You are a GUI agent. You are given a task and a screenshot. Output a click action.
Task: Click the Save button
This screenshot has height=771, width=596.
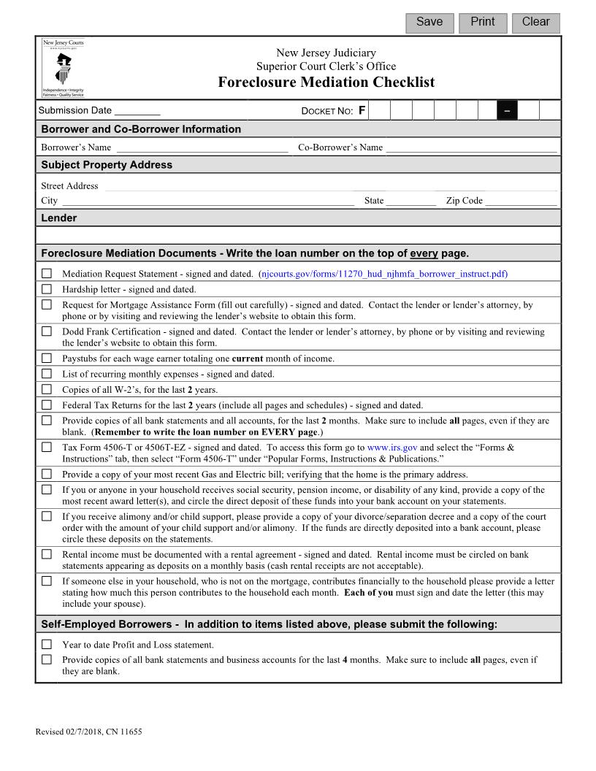(x=429, y=23)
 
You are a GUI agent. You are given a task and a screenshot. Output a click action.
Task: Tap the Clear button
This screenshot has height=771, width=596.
(x=535, y=23)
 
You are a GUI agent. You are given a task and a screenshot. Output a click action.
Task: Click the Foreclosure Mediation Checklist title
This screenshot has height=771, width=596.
(x=326, y=82)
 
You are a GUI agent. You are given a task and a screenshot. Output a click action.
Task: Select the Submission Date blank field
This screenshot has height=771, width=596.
(x=137, y=111)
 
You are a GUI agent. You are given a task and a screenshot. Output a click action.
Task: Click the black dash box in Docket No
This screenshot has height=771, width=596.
(x=507, y=111)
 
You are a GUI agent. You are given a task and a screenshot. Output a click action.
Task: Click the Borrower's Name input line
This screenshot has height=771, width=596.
(x=202, y=147)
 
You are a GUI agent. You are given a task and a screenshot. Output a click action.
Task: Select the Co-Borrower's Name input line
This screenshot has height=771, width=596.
(x=471, y=147)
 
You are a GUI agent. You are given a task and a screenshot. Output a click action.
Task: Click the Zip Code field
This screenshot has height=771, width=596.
(x=521, y=201)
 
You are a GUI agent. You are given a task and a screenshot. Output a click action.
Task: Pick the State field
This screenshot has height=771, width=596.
(x=411, y=201)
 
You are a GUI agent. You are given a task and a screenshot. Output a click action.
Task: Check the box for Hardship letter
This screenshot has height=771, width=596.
(x=47, y=289)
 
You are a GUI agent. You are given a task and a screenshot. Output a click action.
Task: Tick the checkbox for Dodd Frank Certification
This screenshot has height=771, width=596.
(x=47, y=331)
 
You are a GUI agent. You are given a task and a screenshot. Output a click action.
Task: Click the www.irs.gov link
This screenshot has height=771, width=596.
(x=392, y=448)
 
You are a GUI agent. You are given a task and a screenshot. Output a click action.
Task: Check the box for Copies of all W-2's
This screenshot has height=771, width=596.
(x=47, y=389)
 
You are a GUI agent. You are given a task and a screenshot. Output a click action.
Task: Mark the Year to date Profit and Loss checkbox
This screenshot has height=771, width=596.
(x=47, y=645)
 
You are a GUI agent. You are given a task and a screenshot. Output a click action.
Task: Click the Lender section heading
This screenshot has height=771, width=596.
(x=59, y=218)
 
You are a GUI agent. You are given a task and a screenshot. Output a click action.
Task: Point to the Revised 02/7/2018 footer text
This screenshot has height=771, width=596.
(x=88, y=732)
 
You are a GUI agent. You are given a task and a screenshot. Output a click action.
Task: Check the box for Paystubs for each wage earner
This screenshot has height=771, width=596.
(x=47, y=358)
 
